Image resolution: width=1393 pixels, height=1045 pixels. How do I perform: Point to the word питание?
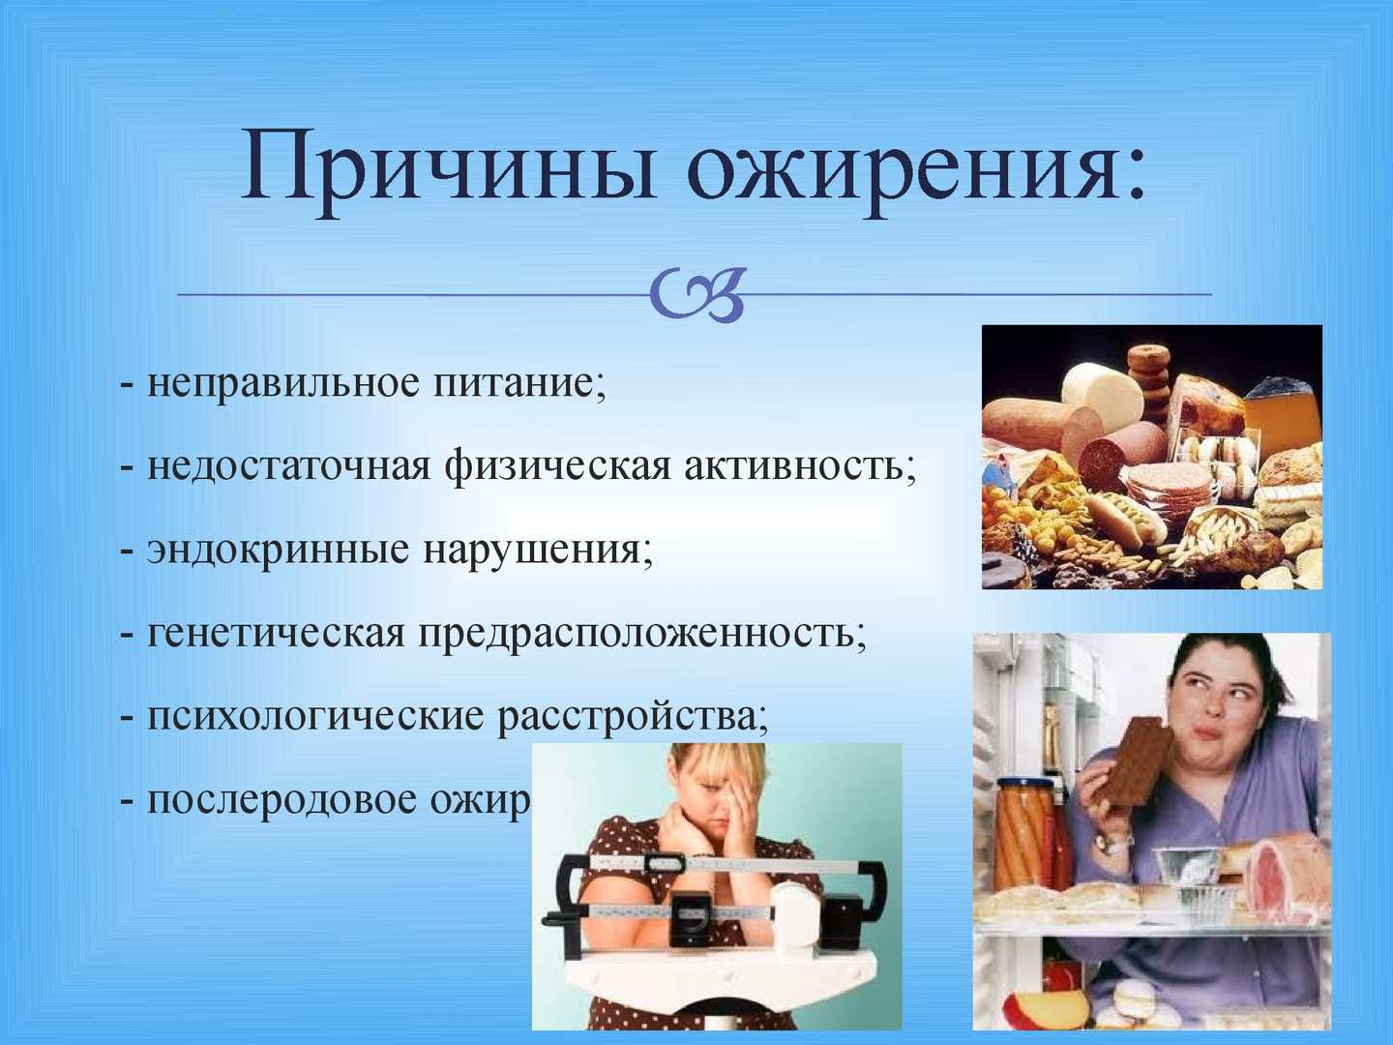click(x=518, y=384)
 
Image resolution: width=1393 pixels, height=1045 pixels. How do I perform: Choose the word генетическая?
click(x=276, y=634)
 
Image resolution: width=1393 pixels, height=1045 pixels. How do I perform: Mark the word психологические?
click(x=314, y=717)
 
